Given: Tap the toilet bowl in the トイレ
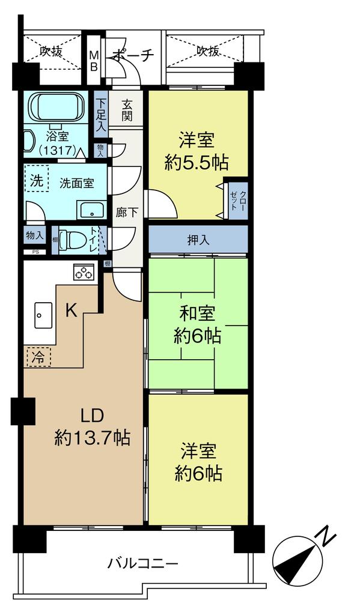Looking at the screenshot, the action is [72, 238].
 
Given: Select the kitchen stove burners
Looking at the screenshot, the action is [84, 272].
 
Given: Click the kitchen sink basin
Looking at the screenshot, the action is [43, 315].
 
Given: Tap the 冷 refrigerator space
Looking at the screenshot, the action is [38, 357].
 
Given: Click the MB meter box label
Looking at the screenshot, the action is [94, 61].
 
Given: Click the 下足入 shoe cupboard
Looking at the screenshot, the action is [102, 114].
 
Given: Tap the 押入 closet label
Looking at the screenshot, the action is [198, 240].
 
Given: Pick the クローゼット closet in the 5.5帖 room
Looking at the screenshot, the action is [239, 201].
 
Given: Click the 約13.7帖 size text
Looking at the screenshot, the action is [93, 438].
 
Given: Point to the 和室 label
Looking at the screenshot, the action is [198, 314].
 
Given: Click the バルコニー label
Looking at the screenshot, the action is [143, 565].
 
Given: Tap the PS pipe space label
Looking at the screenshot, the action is [35, 252].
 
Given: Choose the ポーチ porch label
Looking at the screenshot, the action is [133, 56].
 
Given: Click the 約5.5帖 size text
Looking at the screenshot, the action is [197, 162].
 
